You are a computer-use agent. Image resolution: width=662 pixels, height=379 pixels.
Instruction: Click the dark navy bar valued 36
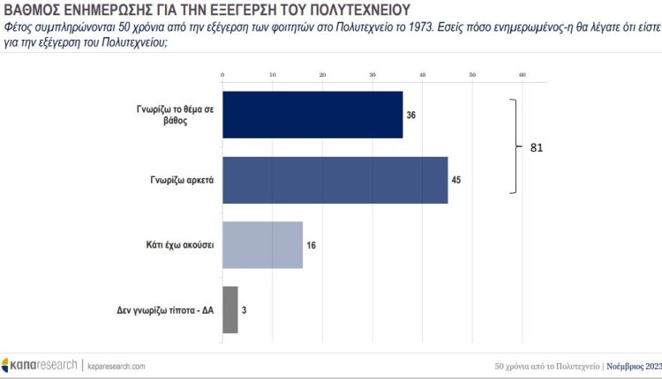pos(312,114)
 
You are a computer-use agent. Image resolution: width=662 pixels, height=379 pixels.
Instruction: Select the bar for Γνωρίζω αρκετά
pos(335,180)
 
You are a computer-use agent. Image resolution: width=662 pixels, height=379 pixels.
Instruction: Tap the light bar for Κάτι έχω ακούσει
pos(262,245)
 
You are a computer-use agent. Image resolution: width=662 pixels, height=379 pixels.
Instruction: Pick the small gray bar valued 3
pos(229,309)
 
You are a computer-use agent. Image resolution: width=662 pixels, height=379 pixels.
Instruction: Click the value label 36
pos(411,115)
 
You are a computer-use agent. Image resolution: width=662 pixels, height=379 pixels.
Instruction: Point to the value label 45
pos(456,180)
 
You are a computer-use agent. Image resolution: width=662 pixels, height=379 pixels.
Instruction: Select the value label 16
pos(311,245)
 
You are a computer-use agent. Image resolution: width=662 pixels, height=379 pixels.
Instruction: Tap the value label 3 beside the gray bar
pos(244,310)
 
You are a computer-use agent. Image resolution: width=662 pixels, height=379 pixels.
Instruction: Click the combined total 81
pos(537,147)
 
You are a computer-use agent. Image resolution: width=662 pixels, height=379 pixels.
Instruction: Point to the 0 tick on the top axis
pos(222,76)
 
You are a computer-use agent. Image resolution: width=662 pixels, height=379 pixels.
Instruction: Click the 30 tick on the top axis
pos(372,76)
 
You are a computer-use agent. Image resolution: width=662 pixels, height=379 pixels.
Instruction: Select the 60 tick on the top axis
pos(523,76)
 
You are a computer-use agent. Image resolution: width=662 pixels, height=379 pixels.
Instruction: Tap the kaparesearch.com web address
pos(115,365)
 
